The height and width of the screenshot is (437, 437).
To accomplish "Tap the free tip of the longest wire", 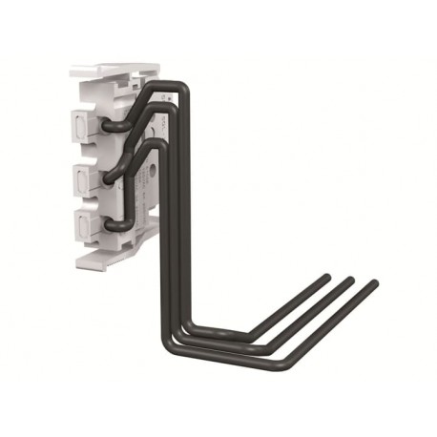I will tap(373, 283).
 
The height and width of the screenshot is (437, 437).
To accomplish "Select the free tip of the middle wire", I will tap(350, 281).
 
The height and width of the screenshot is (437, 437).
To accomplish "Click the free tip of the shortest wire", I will tap(327, 278).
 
